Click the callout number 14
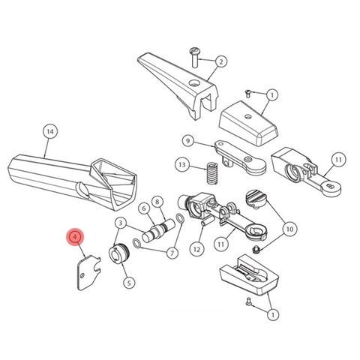pyautogui.click(x=49, y=132)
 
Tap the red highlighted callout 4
pyautogui.click(x=74, y=238)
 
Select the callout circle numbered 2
pyautogui.click(x=222, y=61)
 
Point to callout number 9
pyautogui.click(x=187, y=140)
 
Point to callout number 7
pyautogui.click(x=172, y=253)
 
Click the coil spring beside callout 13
pyautogui.click(x=211, y=173)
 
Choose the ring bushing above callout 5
pyautogui.click(x=120, y=253)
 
